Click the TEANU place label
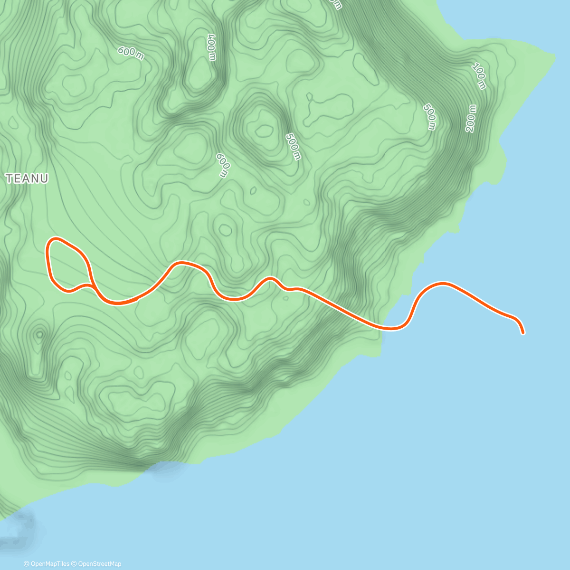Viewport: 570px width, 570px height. click(x=27, y=179)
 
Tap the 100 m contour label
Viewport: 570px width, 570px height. click(x=479, y=76)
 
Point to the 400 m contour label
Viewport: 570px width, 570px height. click(x=212, y=47)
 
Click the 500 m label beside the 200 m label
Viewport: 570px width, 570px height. click(x=430, y=116)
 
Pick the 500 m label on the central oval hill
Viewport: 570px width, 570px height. click(x=293, y=146)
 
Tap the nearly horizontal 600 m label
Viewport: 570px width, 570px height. click(x=131, y=53)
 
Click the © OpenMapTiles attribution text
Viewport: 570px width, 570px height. click(x=47, y=564)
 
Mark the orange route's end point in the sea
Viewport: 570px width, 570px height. click(x=523, y=333)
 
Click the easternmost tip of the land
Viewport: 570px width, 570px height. click(x=554, y=57)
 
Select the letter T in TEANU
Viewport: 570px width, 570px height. click(x=9, y=179)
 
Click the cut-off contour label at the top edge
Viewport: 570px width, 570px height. click(x=336, y=4)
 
